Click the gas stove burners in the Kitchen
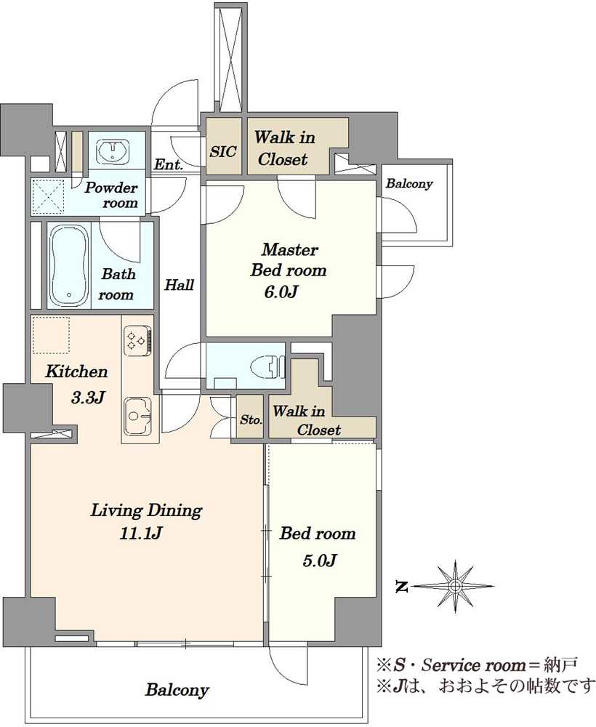coord(137,342)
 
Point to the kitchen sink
coord(138,417)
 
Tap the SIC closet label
coord(223,152)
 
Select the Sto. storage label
coord(251,420)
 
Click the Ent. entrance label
coord(168,164)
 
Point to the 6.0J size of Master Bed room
coord(281,292)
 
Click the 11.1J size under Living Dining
coord(140,534)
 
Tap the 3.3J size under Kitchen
coord(88,397)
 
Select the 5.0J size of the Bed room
coord(319,561)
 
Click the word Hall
coord(179,285)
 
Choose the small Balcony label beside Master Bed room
coord(409,184)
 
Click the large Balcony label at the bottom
coord(177,690)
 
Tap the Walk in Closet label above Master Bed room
coord(283,148)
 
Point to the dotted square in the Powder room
coord(48,196)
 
